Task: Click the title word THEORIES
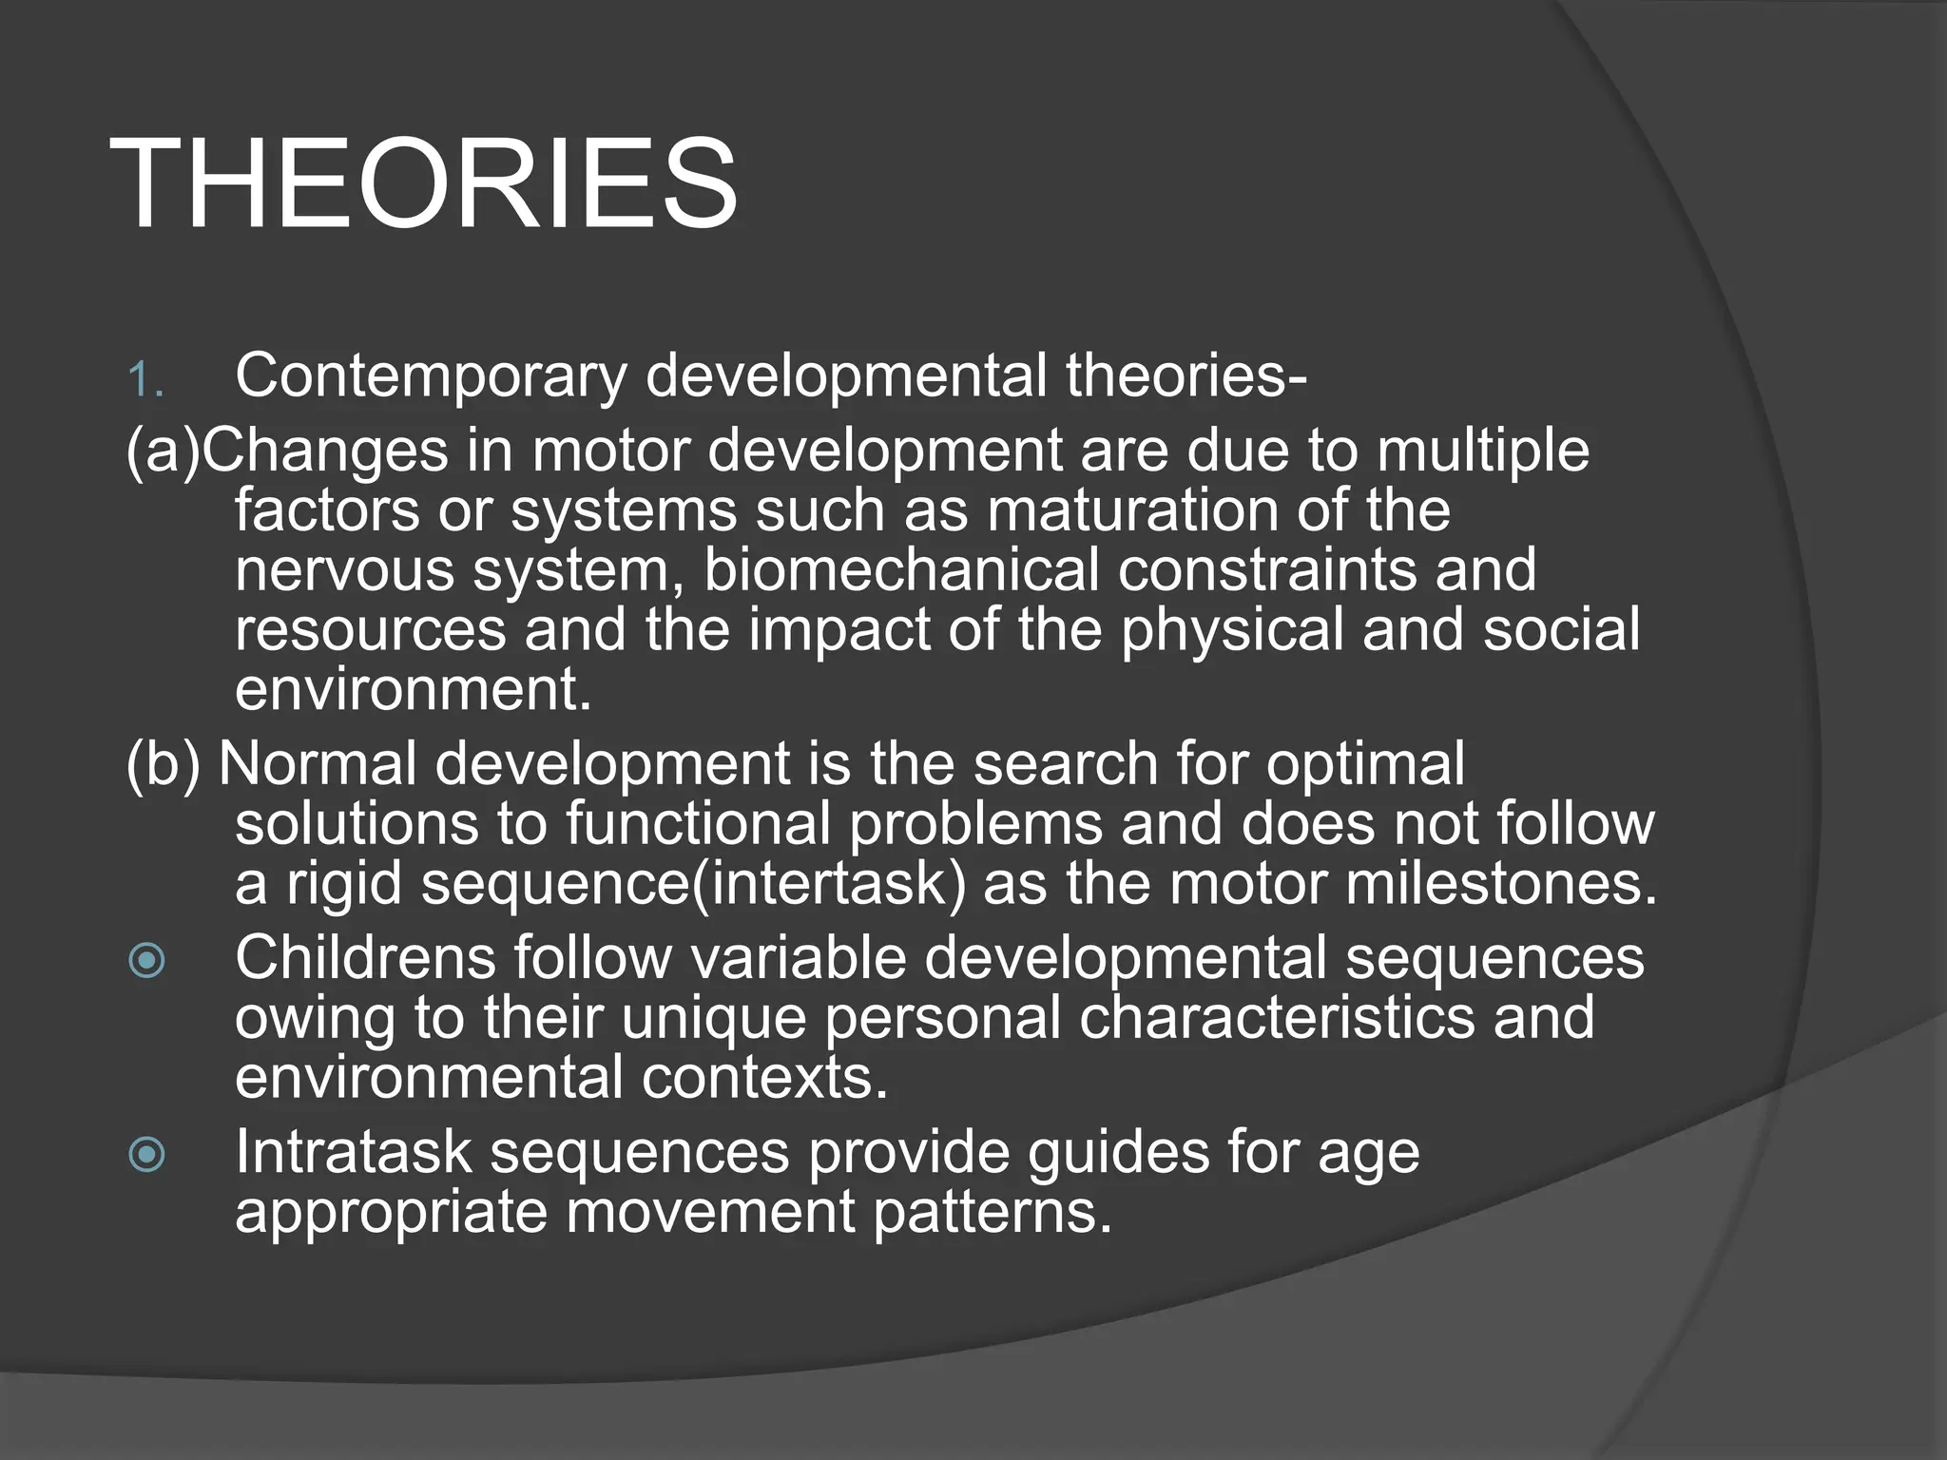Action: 423,182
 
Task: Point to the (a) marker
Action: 163,451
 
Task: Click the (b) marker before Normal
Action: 163,763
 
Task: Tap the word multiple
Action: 1483,451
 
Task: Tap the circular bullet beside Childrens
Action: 146,960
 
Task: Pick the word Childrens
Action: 365,957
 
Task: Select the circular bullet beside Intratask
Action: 146,1155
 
